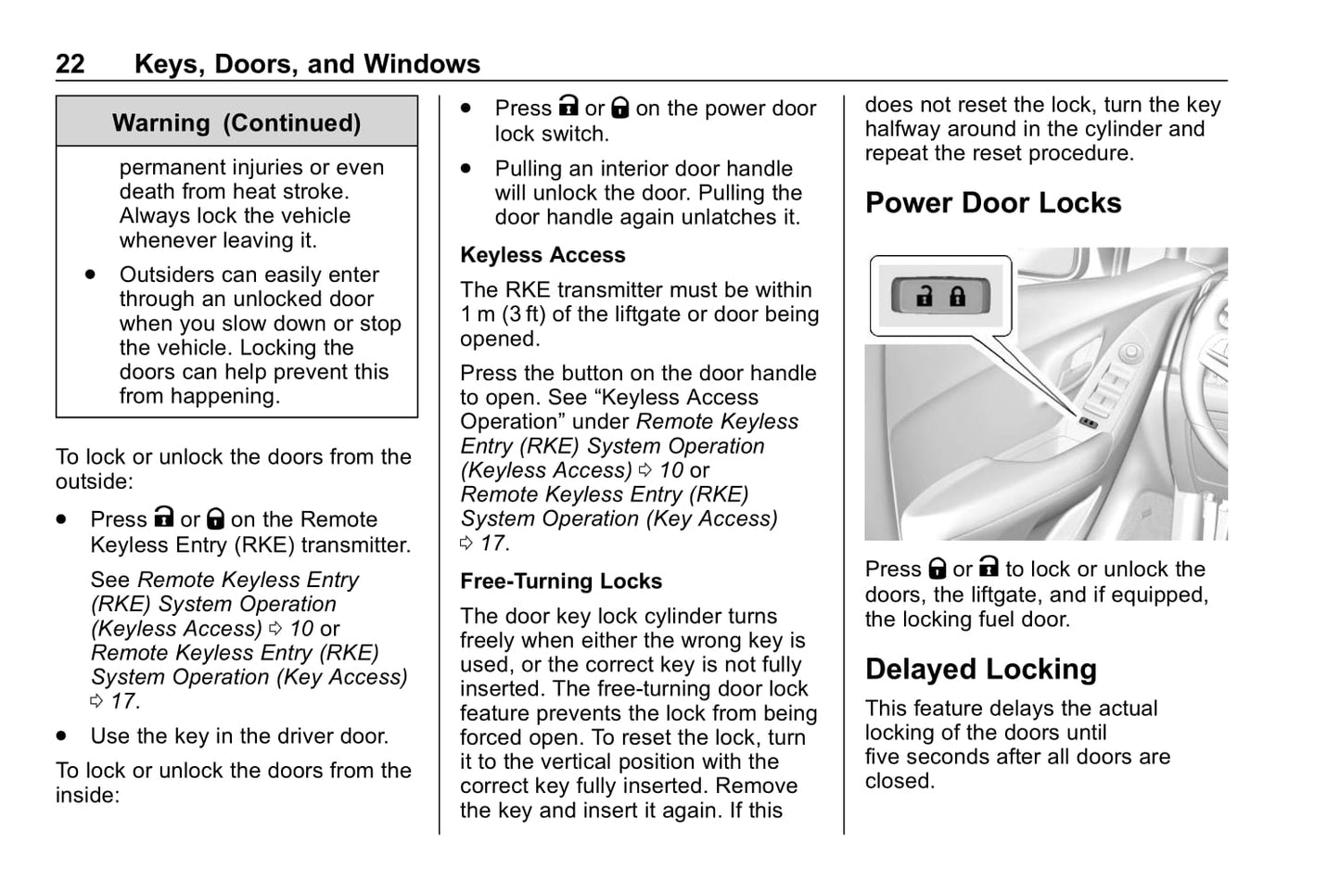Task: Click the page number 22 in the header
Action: pos(70,64)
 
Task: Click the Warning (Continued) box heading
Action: pos(236,123)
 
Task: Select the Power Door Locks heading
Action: pos(993,203)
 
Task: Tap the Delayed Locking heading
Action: pos(981,670)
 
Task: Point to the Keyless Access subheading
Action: pos(542,255)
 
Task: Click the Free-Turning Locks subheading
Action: pos(561,582)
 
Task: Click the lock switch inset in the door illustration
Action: pos(941,296)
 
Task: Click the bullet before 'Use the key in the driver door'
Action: pos(62,736)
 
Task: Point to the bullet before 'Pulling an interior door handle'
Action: pos(466,169)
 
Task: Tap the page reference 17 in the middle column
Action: pos(494,543)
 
